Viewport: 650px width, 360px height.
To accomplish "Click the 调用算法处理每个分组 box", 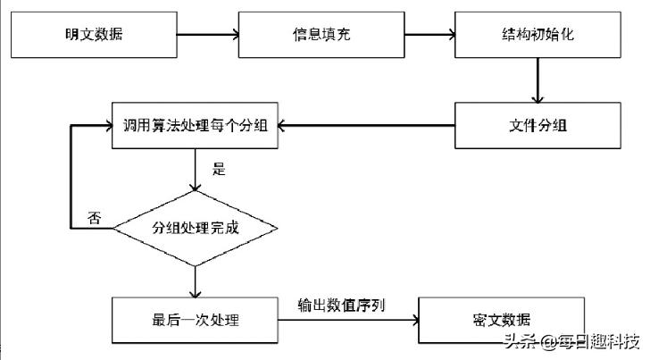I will point(195,124).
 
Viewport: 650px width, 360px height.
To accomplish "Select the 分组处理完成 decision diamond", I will point(195,228).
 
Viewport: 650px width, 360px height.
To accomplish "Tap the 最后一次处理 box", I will point(195,319).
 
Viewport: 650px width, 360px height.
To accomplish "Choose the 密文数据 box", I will point(504,319).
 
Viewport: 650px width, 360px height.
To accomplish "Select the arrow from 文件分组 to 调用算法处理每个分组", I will point(366,124).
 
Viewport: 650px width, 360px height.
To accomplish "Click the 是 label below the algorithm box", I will point(219,169).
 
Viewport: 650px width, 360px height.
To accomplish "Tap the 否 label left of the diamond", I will point(93,218).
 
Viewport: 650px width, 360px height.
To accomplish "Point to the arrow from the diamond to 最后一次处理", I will point(195,280).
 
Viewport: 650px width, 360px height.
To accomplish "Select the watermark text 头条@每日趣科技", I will point(571,342).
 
